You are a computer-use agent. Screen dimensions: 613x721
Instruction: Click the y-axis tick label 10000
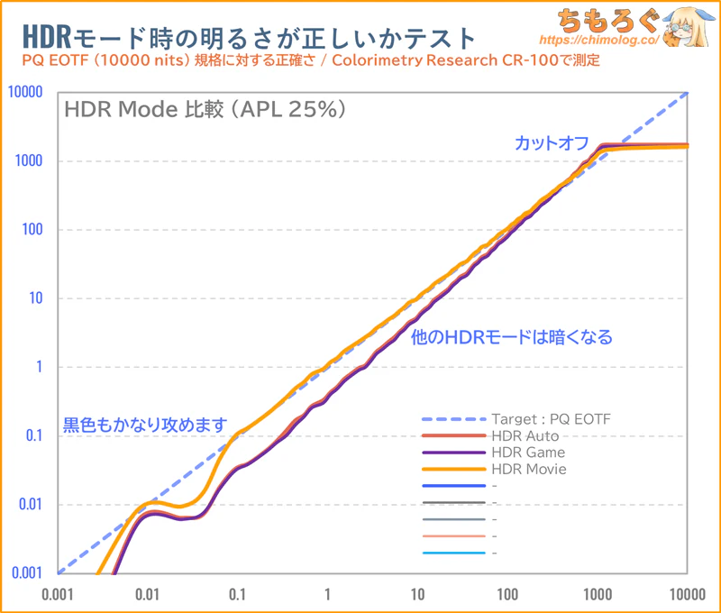pyautogui.click(x=27, y=92)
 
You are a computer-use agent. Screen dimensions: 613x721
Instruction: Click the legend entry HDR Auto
pyautogui.click(x=525, y=436)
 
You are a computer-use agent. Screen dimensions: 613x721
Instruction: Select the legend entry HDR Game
pyautogui.click(x=527, y=453)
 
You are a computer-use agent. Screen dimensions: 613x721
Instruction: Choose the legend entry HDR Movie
pyautogui.click(x=529, y=469)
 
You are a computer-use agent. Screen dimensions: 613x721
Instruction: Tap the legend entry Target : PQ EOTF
pyautogui.click(x=550, y=419)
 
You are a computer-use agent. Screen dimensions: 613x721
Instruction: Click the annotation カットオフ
pyautogui.click(x=552, y=144)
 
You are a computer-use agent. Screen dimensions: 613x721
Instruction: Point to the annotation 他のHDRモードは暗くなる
pyautogui.click(x=511, y=338)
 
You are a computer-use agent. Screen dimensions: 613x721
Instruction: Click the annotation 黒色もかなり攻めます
pyautogui.click(x=143, y=424)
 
